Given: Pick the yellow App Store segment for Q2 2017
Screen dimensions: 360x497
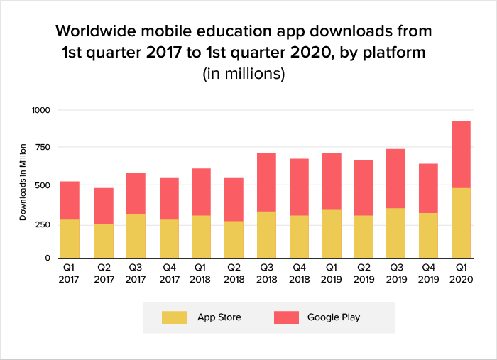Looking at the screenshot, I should click(103, 241).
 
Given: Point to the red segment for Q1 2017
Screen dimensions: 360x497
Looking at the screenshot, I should click(70, 200).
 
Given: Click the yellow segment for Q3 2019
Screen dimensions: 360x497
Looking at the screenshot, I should click(395, 233).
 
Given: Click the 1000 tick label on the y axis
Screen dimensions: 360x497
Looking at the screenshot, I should click(40, 111).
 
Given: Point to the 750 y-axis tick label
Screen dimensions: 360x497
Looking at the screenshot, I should click(43, 148).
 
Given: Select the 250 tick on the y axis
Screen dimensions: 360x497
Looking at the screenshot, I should click(43, 222).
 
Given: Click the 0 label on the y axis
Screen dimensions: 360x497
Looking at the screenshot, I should click(48, 258).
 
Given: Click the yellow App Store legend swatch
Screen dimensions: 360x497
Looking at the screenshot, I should click(174, 317).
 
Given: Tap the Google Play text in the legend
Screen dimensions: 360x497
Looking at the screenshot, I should click(334, 317).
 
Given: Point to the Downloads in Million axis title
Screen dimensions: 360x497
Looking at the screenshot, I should click(23, 182).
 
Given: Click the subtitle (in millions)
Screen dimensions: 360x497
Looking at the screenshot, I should click(244, 73).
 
